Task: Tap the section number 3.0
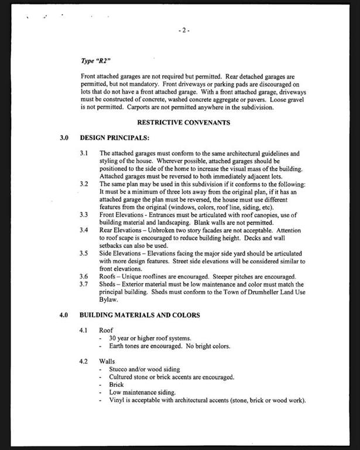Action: (64, 138)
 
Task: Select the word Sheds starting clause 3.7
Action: (108, 284)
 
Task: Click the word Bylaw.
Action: (108, 299)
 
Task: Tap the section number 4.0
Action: (64, 315)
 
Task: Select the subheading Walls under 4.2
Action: (107, 362)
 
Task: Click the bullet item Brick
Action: (117, 384)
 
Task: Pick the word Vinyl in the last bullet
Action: (116, 400)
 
